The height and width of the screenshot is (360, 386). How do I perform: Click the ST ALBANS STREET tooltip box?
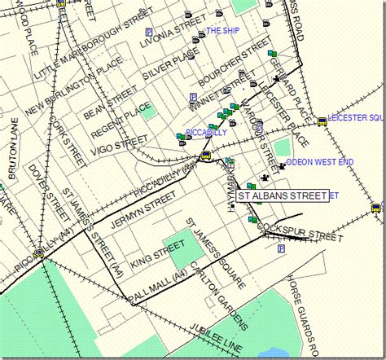[x=281, y=195]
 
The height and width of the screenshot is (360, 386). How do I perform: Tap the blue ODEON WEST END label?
[x=320, y=163]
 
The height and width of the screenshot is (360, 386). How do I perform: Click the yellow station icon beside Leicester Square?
[x=322, y=121]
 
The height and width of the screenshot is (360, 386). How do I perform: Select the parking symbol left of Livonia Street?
[x=149, y=32]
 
